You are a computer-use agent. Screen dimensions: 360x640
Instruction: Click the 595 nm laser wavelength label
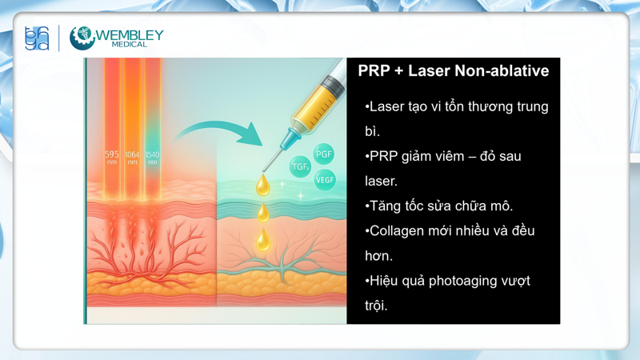coord(112,158)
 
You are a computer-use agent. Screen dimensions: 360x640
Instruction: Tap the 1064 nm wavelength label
coord(132,158)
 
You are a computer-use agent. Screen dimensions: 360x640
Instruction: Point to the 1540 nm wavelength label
coord(152,158)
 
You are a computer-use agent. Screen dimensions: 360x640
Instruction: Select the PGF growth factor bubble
coord(323,154)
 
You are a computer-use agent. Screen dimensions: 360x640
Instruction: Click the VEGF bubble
coord(325,180)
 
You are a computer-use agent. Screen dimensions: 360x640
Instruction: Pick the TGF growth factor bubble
coord(301,167)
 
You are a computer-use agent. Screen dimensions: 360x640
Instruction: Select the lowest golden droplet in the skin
coord(262,239)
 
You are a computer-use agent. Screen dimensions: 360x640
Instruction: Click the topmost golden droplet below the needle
coord(262,186)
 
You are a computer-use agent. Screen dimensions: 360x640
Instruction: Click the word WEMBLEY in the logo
coord(129,35)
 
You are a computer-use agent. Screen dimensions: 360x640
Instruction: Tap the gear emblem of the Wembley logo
coord(82,38)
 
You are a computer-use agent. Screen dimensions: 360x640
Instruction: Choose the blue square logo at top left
coord(37,38)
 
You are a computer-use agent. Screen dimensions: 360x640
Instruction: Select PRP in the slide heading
coord(374,70)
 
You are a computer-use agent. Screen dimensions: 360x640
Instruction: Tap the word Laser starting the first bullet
coord(388,106)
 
